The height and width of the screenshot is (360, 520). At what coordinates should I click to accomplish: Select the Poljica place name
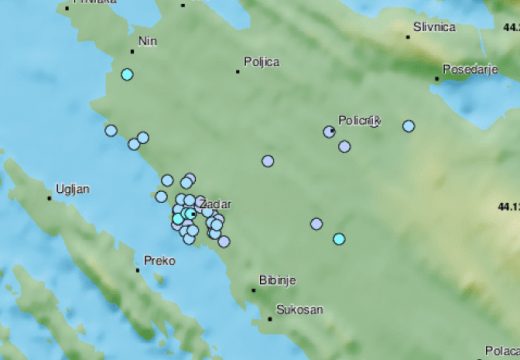pyautogui.click(x=261, y=61)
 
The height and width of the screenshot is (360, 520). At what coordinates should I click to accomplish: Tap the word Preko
pyautogui.click(x=160, y=260)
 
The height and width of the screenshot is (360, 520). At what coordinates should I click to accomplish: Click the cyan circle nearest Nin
pyautogui.click(x=127, y=74)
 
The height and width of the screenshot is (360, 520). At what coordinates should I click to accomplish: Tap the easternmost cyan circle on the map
pyautogui.click(x=339, y=238)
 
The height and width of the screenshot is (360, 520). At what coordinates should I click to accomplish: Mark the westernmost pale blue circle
pyautogui.click(x=111, y=130)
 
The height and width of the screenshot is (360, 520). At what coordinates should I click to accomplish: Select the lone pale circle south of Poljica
pyautogui.click(x=268, y=160)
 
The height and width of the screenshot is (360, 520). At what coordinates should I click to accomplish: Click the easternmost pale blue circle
pyautogui.click(x=408, y=126)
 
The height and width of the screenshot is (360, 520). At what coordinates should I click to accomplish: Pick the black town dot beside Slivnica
pyautogui.click(x=408, y=37)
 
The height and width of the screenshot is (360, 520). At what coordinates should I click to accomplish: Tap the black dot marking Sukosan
pyautogui.click(x=270, y=319)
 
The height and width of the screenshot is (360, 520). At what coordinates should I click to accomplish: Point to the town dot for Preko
pyautogui.click(x=138, y=269)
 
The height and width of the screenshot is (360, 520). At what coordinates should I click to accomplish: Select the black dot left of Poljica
pyautogui.click(x=237, y=71)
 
